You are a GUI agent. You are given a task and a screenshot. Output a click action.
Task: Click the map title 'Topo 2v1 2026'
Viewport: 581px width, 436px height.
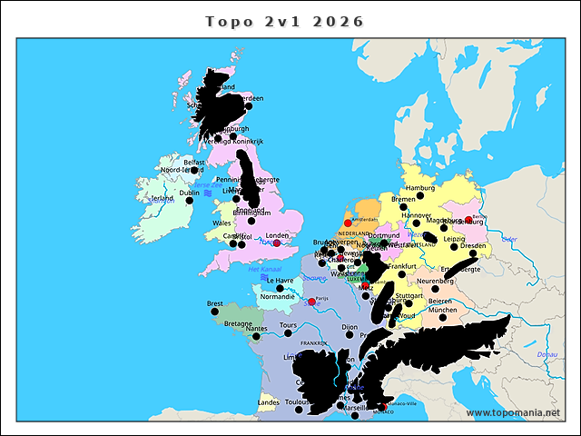284,22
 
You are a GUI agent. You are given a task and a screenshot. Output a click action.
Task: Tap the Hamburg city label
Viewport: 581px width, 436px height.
420,188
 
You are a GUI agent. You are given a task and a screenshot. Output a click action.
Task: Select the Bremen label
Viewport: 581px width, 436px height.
402,198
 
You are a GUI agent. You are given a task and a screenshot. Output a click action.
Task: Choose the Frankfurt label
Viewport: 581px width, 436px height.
402,266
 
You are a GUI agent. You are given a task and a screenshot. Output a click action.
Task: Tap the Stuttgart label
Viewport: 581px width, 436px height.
409,295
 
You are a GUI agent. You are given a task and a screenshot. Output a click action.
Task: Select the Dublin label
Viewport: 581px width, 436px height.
190,193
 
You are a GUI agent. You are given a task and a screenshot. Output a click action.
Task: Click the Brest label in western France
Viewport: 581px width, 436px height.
215,304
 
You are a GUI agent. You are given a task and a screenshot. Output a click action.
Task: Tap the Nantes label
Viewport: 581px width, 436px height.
256,329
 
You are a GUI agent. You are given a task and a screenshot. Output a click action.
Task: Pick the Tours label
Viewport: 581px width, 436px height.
289,324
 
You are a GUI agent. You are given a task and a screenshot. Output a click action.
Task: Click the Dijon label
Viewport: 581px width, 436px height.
350,326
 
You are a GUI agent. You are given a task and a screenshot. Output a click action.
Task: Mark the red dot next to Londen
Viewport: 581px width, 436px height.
277,243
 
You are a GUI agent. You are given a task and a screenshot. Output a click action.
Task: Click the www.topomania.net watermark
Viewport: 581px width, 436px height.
513,413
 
